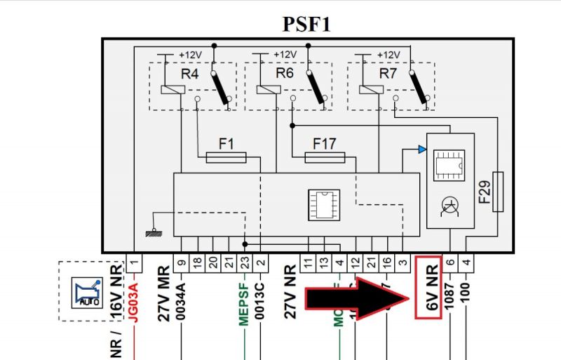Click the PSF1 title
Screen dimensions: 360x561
[x=306, y=23]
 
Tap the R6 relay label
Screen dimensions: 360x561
[x=285, y=72]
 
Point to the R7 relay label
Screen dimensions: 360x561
[x=388, y=72]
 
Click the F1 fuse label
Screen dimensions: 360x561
[x=225, y=144]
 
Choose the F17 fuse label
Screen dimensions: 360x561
[x=324, y=144]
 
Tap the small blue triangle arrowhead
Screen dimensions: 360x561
[x=421, y=149]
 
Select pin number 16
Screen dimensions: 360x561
[x=386, y=263]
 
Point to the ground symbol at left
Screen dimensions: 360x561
[x=149, y=231]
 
